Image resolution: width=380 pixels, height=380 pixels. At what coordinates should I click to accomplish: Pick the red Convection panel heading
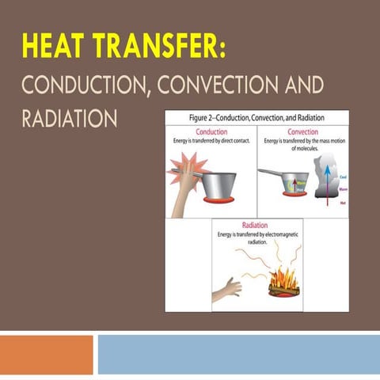click(x=302, y=132)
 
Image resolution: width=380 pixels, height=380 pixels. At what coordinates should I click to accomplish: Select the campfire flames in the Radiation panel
click(x=283, y=279)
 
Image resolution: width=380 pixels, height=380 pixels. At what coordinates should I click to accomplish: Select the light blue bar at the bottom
click(x=237, y=354)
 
